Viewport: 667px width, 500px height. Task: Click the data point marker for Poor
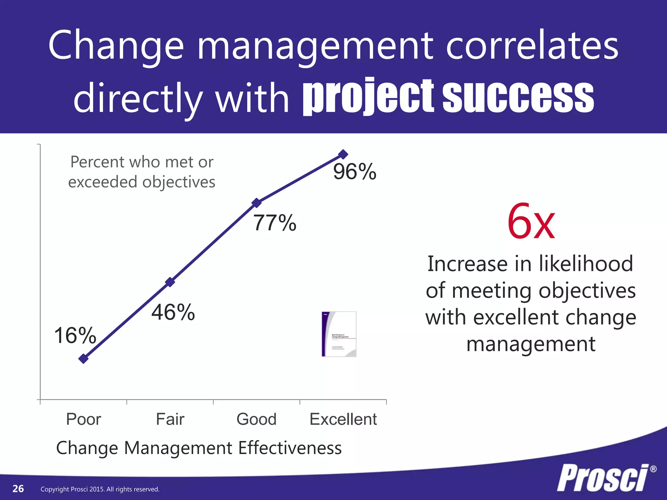tap(84, 359)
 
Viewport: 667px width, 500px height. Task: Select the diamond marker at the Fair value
tap(170, 282)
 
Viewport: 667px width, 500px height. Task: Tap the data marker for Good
tap(257, 203)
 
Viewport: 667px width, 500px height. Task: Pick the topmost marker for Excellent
tap(343, 154)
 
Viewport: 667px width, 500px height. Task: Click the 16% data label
tap(75, 335)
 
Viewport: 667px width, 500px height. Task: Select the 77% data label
tap(275, 223)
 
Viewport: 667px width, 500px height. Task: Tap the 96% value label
tap(355, 172)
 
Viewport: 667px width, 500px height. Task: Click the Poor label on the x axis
tap(83, 419)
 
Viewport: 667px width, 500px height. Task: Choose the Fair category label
tap(170, 419)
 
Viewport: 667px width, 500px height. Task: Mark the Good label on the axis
tap(257, 419)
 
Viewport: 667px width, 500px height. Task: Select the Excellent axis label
tap(343, 419)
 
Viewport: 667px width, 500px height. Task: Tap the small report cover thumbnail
tap(339, 334)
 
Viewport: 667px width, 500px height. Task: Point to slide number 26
tap(18, 489)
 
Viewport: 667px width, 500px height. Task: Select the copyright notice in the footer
tap(100, 489)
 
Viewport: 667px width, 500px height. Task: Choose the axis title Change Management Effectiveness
tap(199, 448)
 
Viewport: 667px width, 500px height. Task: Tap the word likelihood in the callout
tap(586, 263)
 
